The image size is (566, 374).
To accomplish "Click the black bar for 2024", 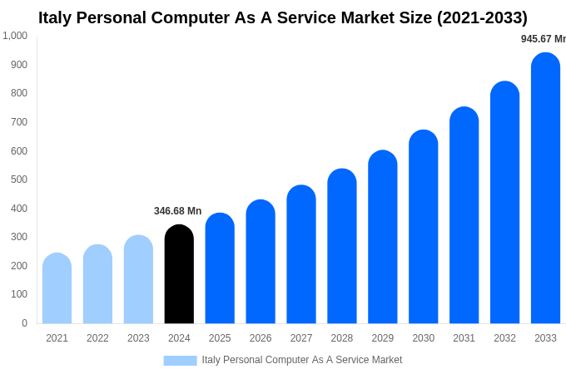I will pyautogui.click(x=179, y=274).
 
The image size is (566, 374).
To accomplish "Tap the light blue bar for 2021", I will pyautogui.click(x=57, y=288).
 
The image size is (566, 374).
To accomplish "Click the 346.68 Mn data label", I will pyautogui.click(x=177, y=211).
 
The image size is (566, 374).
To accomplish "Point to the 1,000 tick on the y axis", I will pyautogui.click(x=15, y=36).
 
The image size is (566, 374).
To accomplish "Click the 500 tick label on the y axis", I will pyautogui.click(x=19, y=180).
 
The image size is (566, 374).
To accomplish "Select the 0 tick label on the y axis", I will pyautogui.click(x=24, y=323).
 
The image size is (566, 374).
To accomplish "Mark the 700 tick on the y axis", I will pyautogui.click(x=19, y=122).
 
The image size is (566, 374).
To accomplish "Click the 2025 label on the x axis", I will pyautogui.click(x=220, y=338).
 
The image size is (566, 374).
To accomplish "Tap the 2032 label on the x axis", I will pyautogui.click(x=504, y=338).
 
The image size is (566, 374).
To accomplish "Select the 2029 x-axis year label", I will pyautogui.click(x=383, y=338).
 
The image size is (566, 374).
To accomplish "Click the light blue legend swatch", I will pyautogui.click(x=180, y=360).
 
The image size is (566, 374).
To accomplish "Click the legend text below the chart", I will pyautogui.click(x=301, y=360).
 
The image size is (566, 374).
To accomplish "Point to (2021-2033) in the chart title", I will pyautogui.click(x=482, y=17).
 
